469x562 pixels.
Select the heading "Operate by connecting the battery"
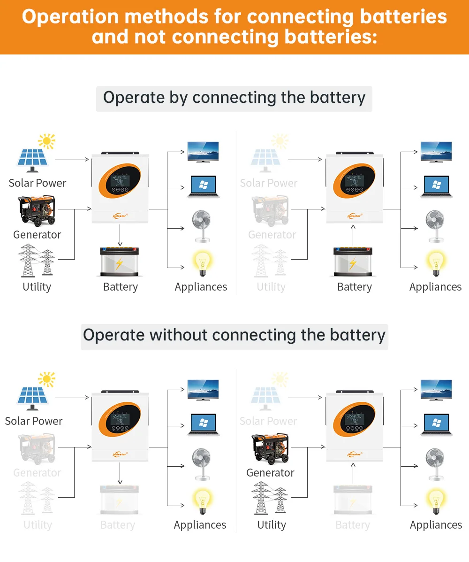click(x=234, y=98)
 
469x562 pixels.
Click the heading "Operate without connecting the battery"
click(x=234, y=335)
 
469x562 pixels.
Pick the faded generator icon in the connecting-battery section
click(x=270, y=211)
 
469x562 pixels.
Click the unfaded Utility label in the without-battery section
click(x=272, y=524)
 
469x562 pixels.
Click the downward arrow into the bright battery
click(x=120, y=235)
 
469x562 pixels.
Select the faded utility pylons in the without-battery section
click(x=37, y=498)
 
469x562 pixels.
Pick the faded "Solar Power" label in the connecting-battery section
click(x=269, y=183)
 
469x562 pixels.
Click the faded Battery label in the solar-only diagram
click(x=118, y=524)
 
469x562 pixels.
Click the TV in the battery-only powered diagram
click(x=436, y=151)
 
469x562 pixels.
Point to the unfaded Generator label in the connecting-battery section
click(x=37, y=234)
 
